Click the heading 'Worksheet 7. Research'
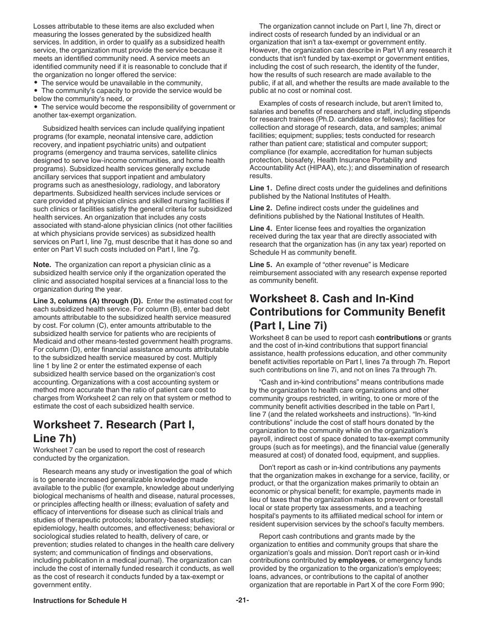coord(113,424)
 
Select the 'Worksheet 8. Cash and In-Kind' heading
coord(331,298)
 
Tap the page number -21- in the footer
coord(243,600)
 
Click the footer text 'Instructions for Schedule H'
coord(80,600)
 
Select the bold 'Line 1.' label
coord(260,188)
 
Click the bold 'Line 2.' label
coord(260,208)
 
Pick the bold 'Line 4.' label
coord(260,228)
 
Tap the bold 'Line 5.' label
coord(260,264)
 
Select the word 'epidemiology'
coord(53,528)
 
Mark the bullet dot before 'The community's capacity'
coord(36,90)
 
